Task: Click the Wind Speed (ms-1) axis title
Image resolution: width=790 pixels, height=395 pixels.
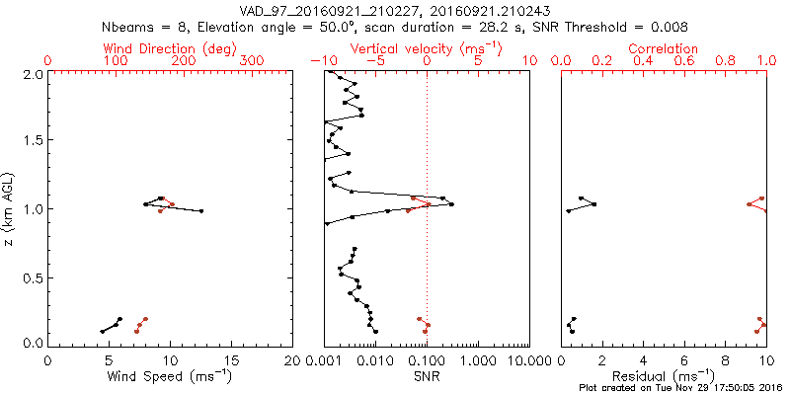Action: pos(170,375)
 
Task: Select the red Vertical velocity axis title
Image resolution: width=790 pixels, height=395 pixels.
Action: pos(425,48)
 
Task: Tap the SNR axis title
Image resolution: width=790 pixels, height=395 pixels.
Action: pos(427,375)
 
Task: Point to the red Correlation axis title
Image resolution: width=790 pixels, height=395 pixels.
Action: pos(664,48)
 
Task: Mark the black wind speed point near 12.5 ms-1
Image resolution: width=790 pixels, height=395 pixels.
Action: pos(200,211)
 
